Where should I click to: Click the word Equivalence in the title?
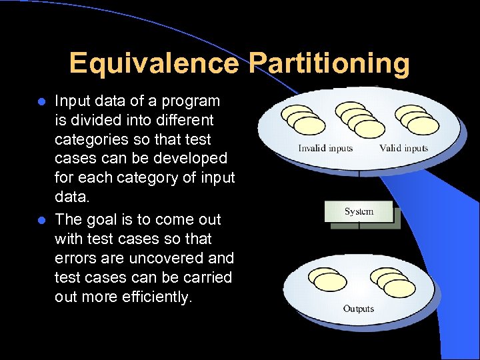point(153,64)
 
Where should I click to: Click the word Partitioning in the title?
point(329,64)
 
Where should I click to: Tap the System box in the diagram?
point(359,212)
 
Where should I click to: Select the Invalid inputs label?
point(325,148)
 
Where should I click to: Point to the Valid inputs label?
point(404,148)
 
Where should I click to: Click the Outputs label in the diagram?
point(359,309)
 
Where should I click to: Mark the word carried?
point(209,277)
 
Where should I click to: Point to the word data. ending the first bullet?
point(71,198)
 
